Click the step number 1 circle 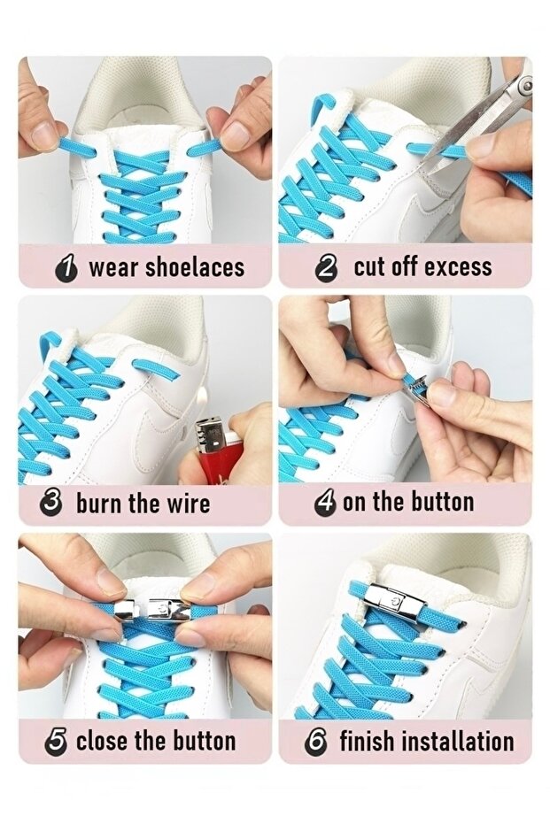click(x=66, y=268)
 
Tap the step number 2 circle click(x=327, y=268)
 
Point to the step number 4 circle click(x=325, y=503)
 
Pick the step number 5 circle click(x=57, y=742)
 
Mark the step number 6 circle click(x=316, y=742)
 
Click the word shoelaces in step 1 click(x=195, y=267)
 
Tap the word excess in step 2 click(x=458, y=267)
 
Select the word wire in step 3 click(x=189, y=503)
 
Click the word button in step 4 click(x=442, y=501)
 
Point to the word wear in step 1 click(x=113, y=268)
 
